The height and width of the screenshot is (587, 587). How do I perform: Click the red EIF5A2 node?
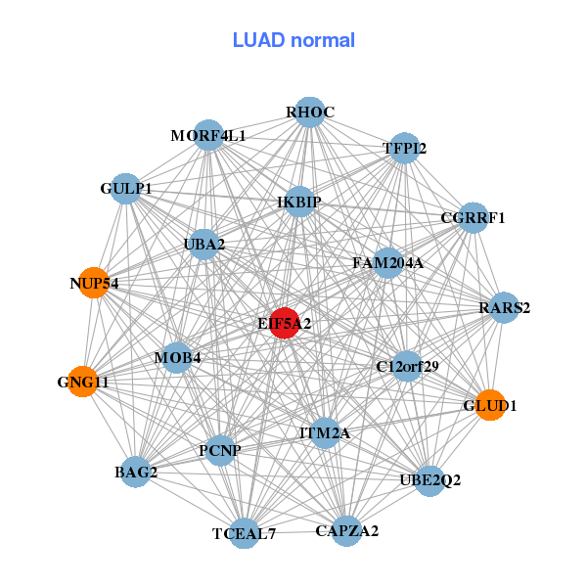click(284, 322)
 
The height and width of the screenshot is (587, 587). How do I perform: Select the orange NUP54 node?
click(94, 282)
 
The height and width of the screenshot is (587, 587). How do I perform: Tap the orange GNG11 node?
click(82, 383)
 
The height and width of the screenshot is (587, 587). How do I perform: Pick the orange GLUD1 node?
click(490, 404)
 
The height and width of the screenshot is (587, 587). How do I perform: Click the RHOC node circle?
click(309, 113)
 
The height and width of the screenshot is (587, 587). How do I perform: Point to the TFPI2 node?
click(404, 148)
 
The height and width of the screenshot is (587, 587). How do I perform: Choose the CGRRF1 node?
click(473, 217)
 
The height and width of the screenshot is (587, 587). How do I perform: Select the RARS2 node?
click(504, 307)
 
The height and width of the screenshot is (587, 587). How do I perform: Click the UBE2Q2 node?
click(430, 480)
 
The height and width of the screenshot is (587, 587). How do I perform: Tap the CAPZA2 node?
click(346, 531)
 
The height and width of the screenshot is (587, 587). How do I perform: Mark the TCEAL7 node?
click(245, 533)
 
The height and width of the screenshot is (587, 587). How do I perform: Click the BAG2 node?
click(136, 473)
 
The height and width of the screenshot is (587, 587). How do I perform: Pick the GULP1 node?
click(126, 187)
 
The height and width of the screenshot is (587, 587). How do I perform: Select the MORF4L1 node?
click(208, 135)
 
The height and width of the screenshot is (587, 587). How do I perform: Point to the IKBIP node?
click(299, 202)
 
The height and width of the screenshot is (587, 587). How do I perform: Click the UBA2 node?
click(203, 244)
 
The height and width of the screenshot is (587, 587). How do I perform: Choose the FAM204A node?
click(387, 262)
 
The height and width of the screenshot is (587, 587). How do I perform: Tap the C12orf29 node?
click(407, 367)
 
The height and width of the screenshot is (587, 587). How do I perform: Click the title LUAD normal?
click(293, 40)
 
